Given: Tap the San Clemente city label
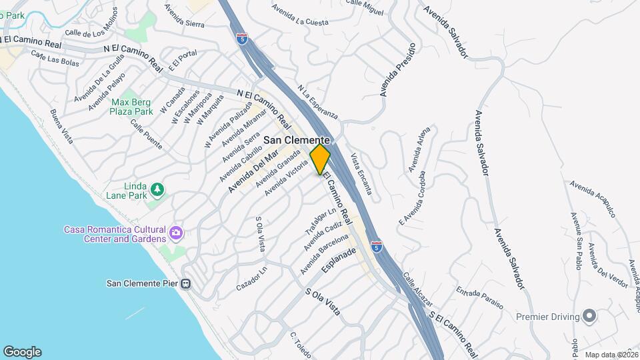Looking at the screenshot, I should click(297, 141).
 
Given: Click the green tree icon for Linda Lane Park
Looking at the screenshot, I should click(157, 190).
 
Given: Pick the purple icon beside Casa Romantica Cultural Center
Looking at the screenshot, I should click(176, 233).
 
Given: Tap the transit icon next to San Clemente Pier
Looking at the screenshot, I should click(186, 283).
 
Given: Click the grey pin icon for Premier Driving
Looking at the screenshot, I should click(589, 316).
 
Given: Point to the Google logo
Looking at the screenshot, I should click(22, 351).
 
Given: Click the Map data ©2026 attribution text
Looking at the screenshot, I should click(611, 355).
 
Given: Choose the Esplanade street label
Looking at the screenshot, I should click(339, 260).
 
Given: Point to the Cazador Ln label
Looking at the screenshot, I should click(251, 279).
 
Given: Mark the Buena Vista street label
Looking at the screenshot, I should click(61, 127).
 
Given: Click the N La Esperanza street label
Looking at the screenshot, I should click(318, 102).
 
